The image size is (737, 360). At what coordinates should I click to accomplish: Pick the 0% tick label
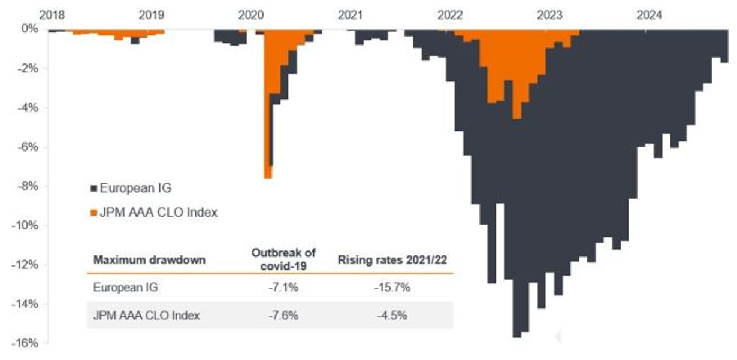30,29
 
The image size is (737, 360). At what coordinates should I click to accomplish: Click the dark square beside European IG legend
93,188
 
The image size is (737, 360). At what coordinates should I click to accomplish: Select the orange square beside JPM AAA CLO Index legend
93,212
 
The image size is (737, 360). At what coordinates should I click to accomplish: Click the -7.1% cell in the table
284,288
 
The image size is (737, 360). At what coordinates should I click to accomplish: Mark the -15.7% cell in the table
394,288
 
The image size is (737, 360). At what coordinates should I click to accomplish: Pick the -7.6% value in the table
284,315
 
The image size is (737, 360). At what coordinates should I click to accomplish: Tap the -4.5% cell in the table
394,315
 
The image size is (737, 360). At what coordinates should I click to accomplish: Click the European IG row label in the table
125,288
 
